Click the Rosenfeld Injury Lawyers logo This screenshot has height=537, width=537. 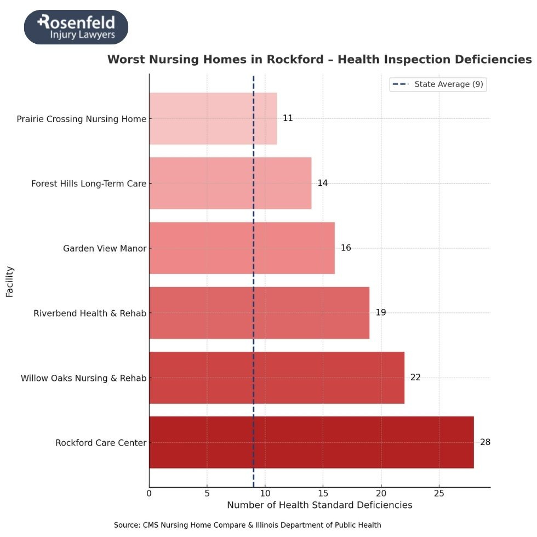[76, 27]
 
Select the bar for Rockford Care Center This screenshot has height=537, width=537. [311, 442]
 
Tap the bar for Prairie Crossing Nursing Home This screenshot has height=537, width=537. [213, 118]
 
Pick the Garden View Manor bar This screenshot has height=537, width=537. [242, 248]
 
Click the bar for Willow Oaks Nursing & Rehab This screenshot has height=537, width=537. [276, 378]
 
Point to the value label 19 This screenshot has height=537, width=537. [381, 313]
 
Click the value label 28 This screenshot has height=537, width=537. [485, 442]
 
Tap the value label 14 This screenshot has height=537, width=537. [322, 183]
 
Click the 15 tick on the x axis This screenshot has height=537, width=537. [323, 493]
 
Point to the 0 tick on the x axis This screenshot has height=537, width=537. [149, 493]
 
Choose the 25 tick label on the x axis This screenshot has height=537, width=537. [438, 493]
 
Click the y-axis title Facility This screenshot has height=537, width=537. [9, 282]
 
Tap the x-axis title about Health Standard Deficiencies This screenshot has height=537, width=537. [319, 505]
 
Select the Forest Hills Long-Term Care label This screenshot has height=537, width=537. [89, 184]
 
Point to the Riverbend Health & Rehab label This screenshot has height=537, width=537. [90, 313]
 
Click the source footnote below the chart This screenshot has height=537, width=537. [247, 525]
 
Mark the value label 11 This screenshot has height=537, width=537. [288, 118]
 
